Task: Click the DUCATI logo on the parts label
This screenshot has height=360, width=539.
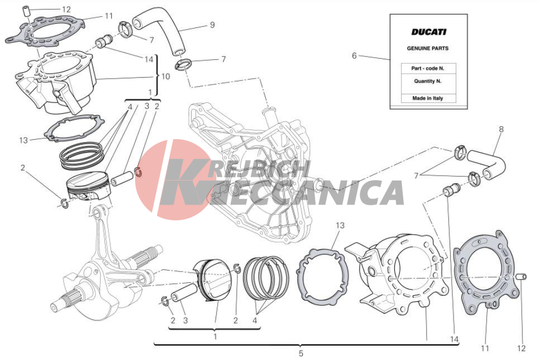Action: pyautogui.click(x=428, y=32)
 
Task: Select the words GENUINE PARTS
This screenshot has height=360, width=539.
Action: pyautogui.click(x=428, y=48)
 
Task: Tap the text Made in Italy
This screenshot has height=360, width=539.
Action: pyautogui.click(x=428, y=98)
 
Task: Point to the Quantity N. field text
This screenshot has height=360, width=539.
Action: pyautogui.click(x=428, y=81)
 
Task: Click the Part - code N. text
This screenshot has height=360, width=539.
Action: pyautogui.click(x=428, y=68)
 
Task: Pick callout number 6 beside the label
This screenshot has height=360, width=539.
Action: pyautogui.click(x=354, y=55)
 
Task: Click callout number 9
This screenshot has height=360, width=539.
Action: pyautogui.click(x=212, y=25)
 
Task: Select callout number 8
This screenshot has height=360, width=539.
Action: pyautogui.click(x=501, y=129)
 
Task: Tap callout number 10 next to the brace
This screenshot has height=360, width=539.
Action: pyautogui.click(x=166, y=76)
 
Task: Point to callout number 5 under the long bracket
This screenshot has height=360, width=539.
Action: pyautogui.click(x=301, y=353)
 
